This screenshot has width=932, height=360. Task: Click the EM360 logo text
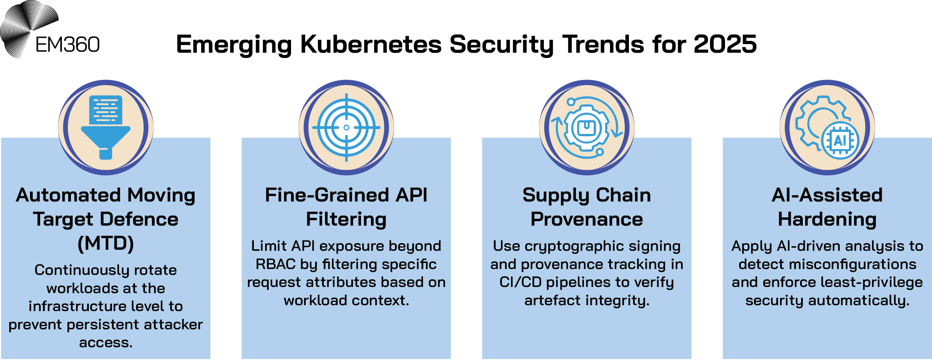(67, 45)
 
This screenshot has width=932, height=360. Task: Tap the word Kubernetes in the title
(371, 44)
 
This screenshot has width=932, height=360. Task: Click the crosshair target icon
(346, 128)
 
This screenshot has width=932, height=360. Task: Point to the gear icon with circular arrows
(587, 128)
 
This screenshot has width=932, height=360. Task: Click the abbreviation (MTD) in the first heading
(106, 244)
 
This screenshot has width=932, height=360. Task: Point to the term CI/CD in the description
(520, 282)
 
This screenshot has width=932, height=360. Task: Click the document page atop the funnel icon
(106, 110)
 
